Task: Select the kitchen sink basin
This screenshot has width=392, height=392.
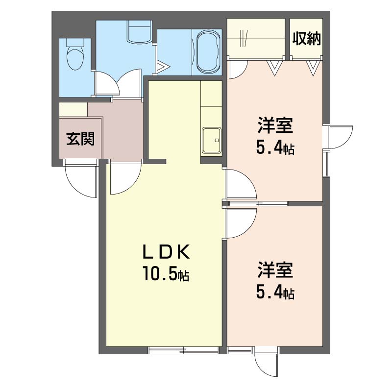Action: pos(212,140)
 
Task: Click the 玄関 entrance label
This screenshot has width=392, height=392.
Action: pos(80,139)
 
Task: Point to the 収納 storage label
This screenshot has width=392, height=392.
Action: pos(307,39)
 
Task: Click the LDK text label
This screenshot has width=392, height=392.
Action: pos(166,252)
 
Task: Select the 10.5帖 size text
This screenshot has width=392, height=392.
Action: pos(166,274)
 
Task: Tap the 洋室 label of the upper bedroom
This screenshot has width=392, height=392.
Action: pos(275,126)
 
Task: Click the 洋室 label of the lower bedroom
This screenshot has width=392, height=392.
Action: pos(275,270)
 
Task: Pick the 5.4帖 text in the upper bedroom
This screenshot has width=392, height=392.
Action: pos(275,147)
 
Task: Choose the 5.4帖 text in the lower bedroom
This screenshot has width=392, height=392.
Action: pos(275,292)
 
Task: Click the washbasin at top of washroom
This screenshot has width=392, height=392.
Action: pos(140,31)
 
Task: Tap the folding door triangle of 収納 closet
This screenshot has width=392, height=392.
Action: pos(313,68)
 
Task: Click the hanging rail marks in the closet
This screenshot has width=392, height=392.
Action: pos(244,38)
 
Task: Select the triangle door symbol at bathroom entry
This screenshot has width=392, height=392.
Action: pos(163,67)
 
